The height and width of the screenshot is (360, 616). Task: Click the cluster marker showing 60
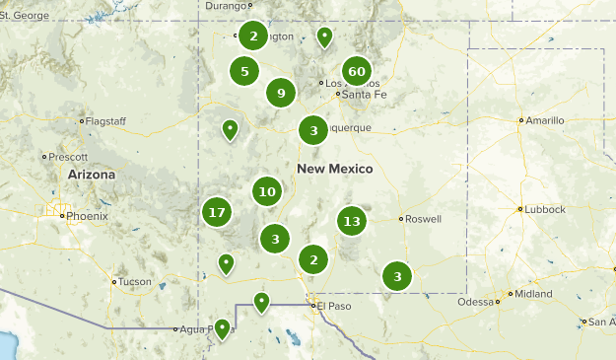point(357,71)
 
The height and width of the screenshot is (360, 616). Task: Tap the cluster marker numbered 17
point(217,211)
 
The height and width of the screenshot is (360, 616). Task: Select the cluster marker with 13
point(352,221)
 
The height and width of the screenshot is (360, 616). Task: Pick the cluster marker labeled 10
point(266,191)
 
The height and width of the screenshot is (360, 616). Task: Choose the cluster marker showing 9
point(281,94)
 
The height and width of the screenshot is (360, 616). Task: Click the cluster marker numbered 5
point(244,71)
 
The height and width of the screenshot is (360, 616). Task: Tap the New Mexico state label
point(334,170)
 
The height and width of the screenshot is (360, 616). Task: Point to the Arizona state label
point(91,175)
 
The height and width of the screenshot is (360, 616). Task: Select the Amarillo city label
point(545,120)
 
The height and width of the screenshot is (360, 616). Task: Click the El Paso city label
point(332,307)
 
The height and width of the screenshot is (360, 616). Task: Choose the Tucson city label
point(135,282)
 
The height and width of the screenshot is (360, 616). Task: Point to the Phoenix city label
point(85,215)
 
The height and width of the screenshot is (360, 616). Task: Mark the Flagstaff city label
point(106,121)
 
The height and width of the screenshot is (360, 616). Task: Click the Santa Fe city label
point(358,95)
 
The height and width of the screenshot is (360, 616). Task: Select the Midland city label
point(533,294)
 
